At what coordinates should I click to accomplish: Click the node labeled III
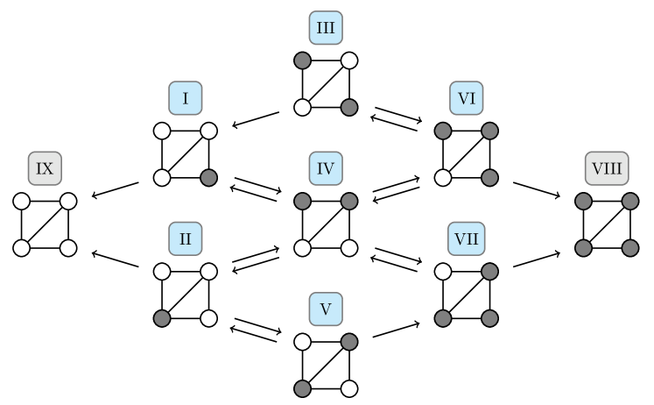tap(326, 28)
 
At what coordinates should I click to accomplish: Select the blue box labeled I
tap(186, 98)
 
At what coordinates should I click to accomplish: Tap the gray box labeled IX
tap(45, 168)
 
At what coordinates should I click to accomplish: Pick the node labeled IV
tap(326, 168)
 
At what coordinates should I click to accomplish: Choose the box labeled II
tap(186, 238)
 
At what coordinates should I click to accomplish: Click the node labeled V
tap(326, 309)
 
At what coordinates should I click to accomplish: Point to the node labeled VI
tap(467, 98)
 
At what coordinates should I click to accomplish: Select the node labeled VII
tap(467, 238)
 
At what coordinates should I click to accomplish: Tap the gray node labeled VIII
tap(607, 168)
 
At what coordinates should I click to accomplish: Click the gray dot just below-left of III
tap(302, 60)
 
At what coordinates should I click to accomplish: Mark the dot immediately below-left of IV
tap(302, 202)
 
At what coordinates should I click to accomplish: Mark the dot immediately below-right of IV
tap(349, 202)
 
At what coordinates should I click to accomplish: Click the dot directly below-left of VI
tap(443, 131)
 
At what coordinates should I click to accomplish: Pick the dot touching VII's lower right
tap(489, 272)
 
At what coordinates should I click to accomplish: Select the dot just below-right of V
tap(349, 342)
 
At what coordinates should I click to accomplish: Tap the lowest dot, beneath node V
tap(302, 388)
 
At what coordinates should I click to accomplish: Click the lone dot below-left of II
tap(162, 318)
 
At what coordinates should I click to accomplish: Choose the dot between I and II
tap(208, 178)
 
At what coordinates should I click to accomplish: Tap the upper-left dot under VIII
tap(583, 202)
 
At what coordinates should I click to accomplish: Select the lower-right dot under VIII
tap(630, 248)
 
